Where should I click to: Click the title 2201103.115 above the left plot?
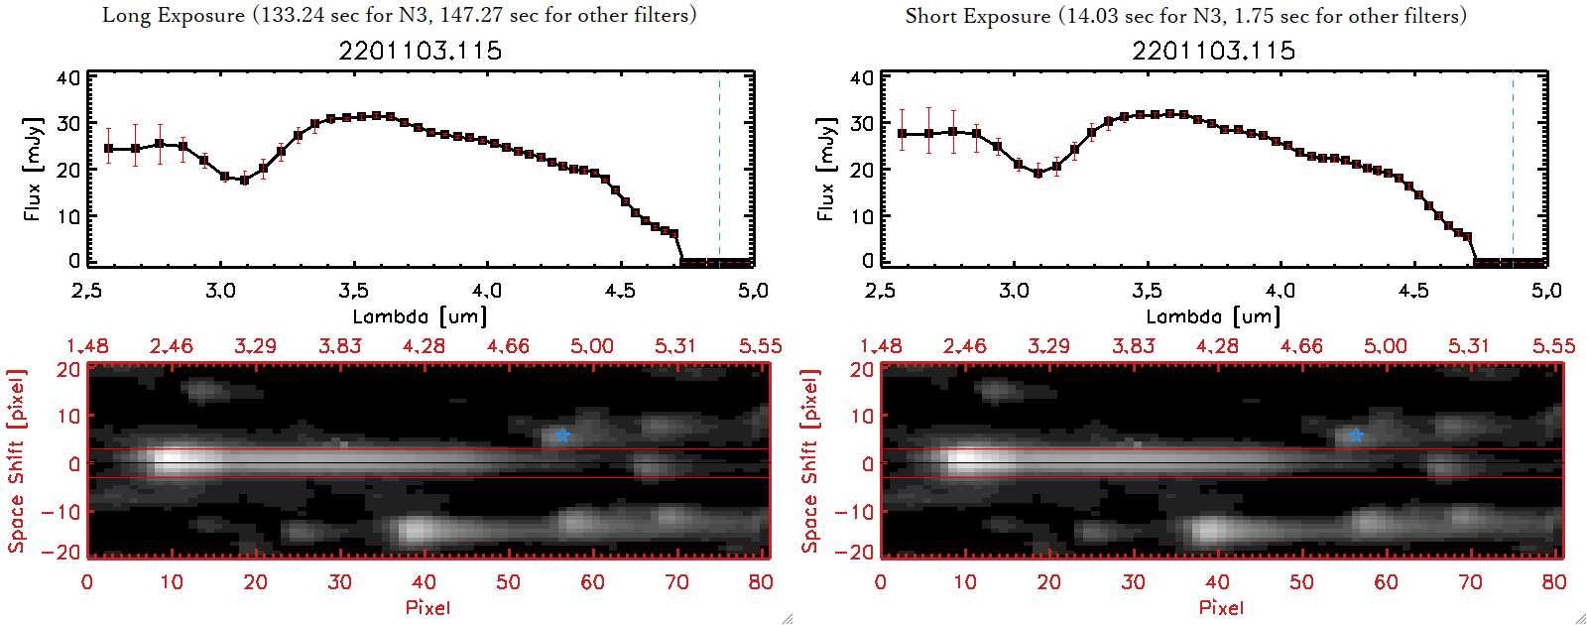(420, 51)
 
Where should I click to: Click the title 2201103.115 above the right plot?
(1213, 51)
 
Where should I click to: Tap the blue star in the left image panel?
(562, 436)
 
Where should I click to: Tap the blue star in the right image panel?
(1356, 436)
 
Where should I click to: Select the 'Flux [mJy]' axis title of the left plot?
(33, 169)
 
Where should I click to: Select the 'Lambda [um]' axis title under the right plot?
(1213, 316)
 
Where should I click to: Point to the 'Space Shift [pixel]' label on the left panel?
(16, 461)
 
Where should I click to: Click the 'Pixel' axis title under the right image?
(1221, 607)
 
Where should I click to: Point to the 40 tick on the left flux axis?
(67, 78)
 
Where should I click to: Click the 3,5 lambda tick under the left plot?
(353, 291)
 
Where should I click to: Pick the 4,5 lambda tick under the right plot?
(1413, 291)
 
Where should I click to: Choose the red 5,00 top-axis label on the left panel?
(592, 346)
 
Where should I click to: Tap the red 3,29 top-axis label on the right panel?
(1048, 346)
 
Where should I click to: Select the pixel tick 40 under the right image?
(1217, 582)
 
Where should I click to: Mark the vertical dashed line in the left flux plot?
(719, 169)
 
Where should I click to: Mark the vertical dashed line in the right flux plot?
(1513, 169)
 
